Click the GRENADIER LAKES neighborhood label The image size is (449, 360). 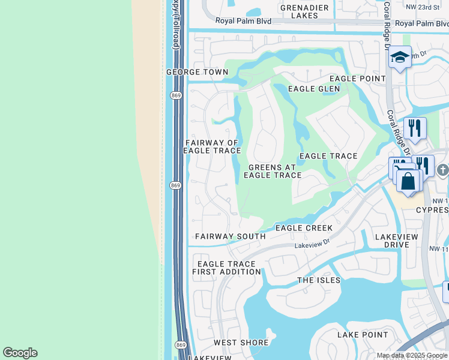304,11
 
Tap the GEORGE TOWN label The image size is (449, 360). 197,72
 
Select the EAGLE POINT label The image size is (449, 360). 358,79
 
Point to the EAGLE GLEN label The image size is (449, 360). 313,89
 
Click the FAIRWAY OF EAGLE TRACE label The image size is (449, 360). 212,147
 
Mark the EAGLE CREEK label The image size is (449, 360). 304,228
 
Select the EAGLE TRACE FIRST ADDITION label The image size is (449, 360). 226,268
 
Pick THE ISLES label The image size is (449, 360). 319,280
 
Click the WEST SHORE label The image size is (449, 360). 241,343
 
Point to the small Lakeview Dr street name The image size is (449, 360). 312,244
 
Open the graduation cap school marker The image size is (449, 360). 400,58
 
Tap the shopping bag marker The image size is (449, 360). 408,181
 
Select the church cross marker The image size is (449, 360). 443,170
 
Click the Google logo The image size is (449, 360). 20,353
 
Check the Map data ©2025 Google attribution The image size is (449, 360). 412,355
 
